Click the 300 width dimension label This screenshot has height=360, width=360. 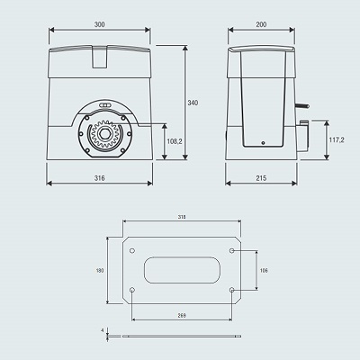[100, 24]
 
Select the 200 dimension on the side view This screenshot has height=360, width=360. [261, 24]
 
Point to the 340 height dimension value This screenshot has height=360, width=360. [193, 103]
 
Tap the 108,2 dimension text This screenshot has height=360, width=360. [175, 141]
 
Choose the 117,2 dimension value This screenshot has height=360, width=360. [337, 139]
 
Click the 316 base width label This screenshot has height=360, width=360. [100, 178]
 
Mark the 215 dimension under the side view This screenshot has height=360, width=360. [261, 178]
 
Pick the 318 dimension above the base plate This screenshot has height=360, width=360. [182, 217]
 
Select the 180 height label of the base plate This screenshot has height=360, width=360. [100, 271]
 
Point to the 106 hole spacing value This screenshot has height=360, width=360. [264, 271]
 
